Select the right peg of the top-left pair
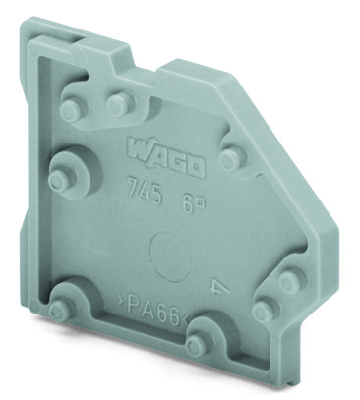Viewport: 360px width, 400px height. pyautogui.click(x=119, y=103)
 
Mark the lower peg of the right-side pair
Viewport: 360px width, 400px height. pyautogui.click(x=264, y=313)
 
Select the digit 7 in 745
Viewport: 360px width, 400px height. pyautogui.click(x=135, y=187)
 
